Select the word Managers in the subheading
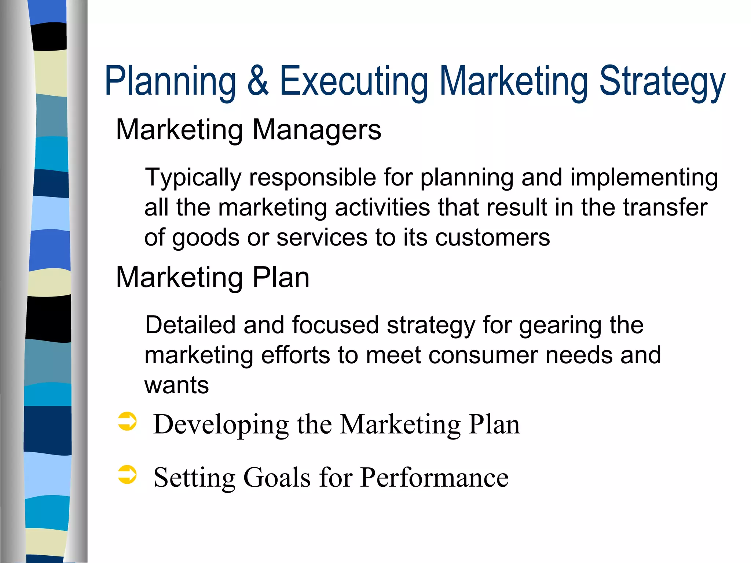coord(317,130)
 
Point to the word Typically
coord(193,178)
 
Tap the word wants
coord(176,386)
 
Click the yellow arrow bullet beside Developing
coord(127,421)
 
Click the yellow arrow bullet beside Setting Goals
coord(127,475)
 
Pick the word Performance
coord(434,478)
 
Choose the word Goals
coord(277,478)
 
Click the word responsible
coord(312,178)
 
